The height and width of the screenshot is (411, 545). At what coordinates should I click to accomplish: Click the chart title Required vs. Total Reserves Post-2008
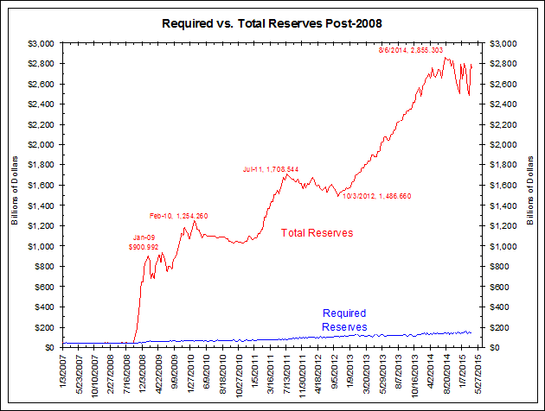272,21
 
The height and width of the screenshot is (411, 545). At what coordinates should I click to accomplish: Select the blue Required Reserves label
344,319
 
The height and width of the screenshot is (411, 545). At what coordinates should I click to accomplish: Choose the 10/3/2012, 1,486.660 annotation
375,196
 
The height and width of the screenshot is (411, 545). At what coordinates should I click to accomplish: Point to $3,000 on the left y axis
41,42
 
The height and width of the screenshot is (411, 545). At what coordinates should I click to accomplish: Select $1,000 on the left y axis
41,246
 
